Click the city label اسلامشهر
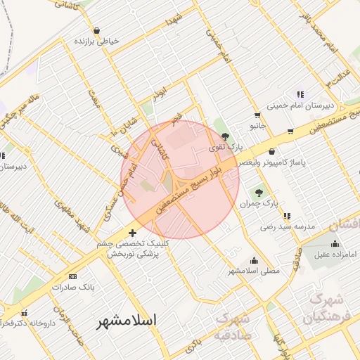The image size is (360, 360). (127, 320)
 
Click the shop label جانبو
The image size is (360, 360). (258, 126)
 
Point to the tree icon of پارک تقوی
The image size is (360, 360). (225, 136)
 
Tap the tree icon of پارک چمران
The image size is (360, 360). (259, 192)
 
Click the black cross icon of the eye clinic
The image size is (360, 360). (132, 233)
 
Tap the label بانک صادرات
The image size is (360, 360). (73, 288)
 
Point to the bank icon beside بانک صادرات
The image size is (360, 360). (73, 277)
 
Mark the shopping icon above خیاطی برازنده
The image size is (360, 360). (96, 30)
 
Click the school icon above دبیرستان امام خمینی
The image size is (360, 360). (300, 94)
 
